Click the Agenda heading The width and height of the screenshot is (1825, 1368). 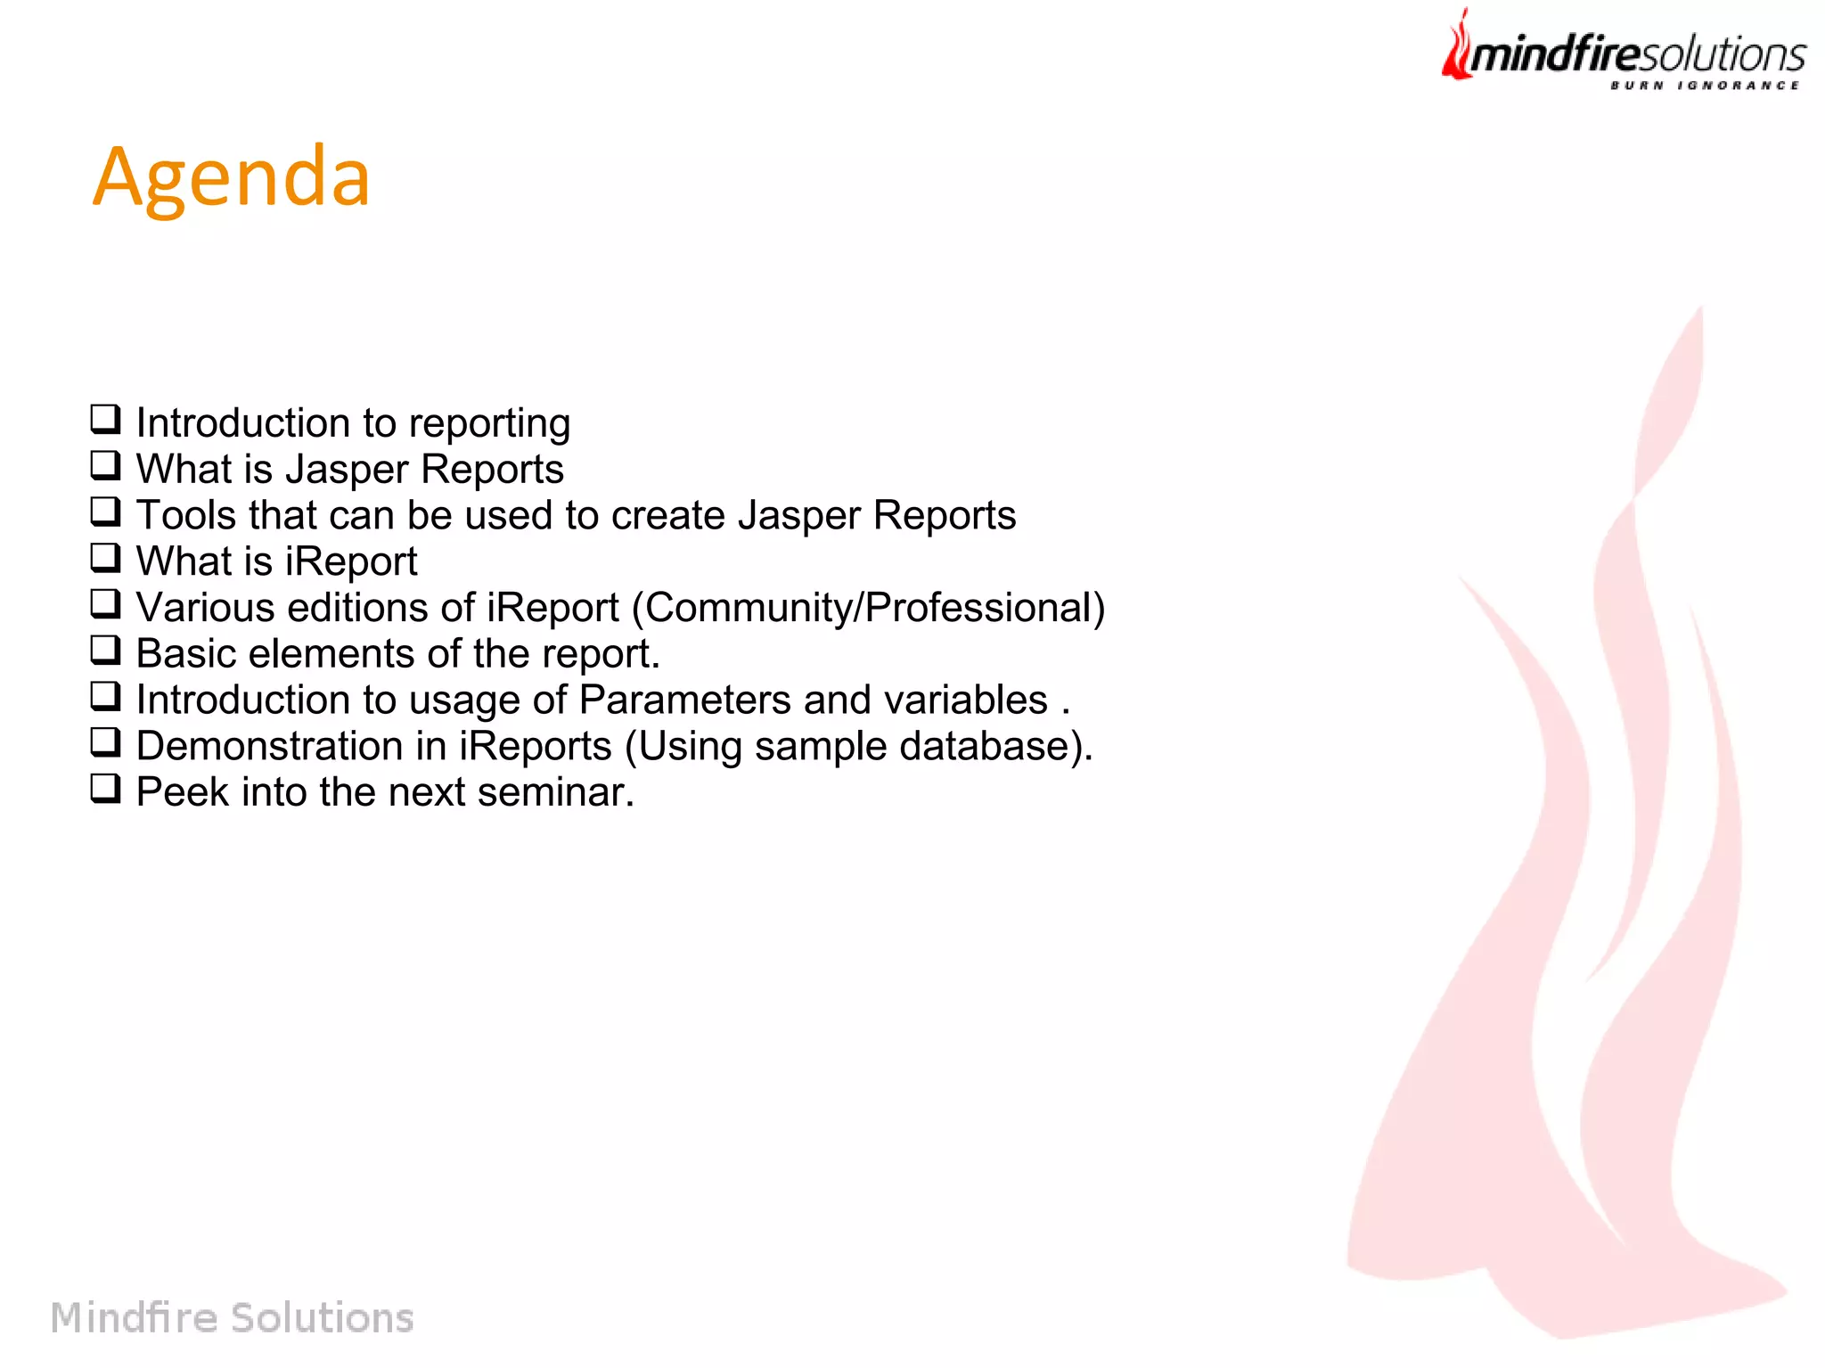click(x=232, y=178)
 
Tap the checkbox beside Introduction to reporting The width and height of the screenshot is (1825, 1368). click(x=105, y=419)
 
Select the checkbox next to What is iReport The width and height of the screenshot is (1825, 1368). click(x=105, y=558)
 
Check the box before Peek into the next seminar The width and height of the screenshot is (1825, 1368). click(x=105, y=789)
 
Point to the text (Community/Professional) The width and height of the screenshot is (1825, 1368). click(x=868, y=608)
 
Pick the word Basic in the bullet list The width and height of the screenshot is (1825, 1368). click(x=185, y=653)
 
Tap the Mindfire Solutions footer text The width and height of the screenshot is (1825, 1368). click(x=233, y=1317)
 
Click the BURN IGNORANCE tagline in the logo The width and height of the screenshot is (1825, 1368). click(x=1704, y=86)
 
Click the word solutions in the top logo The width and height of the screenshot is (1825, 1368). click(x=1722, y=55)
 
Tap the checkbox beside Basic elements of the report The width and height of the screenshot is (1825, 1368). click(x=105, y=651)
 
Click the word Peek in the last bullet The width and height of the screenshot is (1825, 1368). click(x=182, y=792)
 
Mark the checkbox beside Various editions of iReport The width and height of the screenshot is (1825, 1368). click(x=105, y=604)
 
